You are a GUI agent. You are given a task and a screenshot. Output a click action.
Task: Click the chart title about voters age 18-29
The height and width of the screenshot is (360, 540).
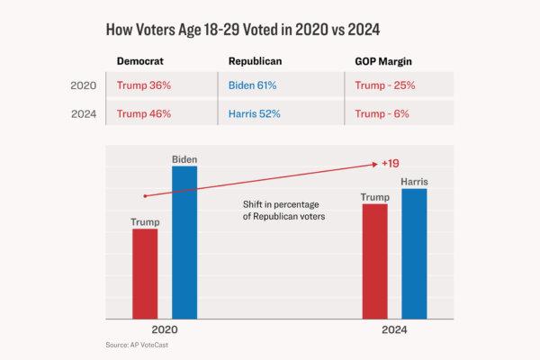tap(243, 30)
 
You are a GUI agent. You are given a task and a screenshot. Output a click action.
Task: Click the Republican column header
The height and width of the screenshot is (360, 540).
tap(256, 61)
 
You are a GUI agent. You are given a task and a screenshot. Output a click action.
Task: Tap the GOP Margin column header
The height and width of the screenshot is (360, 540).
tap(382, 61)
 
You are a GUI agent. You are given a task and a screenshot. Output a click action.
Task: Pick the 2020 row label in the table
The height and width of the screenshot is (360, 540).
tap(84, 86)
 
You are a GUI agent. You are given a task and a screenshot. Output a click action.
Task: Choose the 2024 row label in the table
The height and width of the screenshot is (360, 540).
tap(84, 114)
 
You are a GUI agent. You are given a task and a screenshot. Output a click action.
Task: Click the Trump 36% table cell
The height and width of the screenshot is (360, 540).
tap(144, 86)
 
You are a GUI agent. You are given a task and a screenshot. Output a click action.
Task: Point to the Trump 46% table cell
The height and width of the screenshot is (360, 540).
tap(144, 114)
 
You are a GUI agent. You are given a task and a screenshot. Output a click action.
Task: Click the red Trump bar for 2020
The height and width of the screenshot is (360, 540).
tap(145, 274)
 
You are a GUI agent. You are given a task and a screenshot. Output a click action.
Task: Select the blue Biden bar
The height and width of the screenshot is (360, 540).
tap(184, 243)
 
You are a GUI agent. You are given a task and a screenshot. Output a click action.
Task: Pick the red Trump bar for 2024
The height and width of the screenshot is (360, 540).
tap(374, 261)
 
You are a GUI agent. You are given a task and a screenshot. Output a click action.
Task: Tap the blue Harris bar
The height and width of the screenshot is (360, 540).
tap(414, 254)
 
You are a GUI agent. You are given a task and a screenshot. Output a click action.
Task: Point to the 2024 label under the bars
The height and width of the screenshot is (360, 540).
tap(394, 330)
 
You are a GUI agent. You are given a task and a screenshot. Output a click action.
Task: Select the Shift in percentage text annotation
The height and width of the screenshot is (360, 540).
tap(283, 211)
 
